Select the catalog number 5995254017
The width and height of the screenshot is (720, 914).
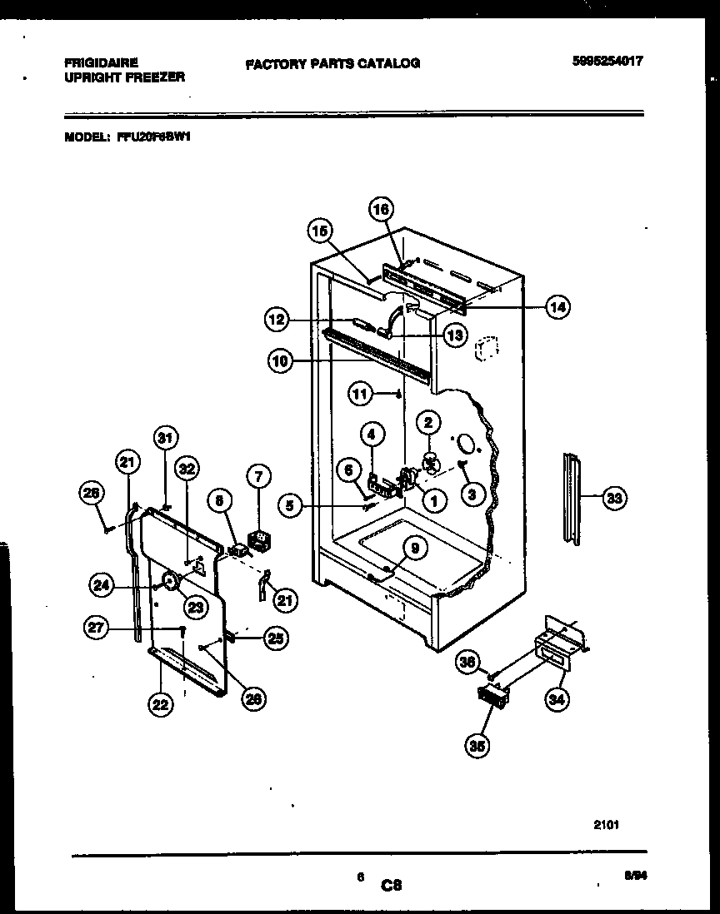[x=608, y=61]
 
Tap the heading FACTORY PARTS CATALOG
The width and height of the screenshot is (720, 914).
[x=332, y=63]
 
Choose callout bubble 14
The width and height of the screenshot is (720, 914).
[x=557, y=306]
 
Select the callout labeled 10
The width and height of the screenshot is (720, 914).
[x=281, y=360]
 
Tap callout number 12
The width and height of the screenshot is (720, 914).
[x=277, y=317]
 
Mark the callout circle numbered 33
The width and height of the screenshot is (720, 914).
[x=613, y=499]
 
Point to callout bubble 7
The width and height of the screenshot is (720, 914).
[x=259, y=477]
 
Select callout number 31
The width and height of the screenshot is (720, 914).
[x=165, y=438]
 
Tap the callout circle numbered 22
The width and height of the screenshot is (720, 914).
[x=161, y=704]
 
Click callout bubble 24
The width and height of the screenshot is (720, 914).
[x=102, y=585]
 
